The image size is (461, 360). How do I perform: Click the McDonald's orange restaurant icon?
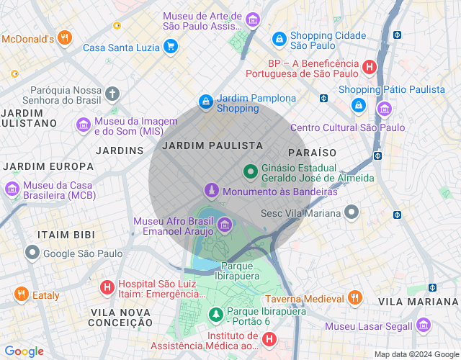point(65,37)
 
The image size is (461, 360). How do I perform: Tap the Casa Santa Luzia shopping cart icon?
point(170,48)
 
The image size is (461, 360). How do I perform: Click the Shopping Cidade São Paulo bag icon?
point(279,37)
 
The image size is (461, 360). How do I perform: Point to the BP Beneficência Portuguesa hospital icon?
point(370,68)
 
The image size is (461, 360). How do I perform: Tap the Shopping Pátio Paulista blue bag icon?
point(358,105)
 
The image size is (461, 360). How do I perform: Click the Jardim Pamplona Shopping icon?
point(206,102)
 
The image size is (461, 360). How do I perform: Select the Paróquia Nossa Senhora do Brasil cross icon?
point(112,94)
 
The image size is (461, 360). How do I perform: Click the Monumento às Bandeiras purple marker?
point(211,191)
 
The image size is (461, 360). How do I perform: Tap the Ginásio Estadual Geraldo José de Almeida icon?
point(250,171)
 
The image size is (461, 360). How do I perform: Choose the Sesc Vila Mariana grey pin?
point(352,212)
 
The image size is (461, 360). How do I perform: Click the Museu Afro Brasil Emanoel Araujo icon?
point(225,225)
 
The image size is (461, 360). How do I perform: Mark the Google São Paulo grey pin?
point(32,253)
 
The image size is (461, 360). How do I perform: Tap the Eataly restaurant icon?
point(21,294)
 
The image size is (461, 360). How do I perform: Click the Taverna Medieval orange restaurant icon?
point(354,297)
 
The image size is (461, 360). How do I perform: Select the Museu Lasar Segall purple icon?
point(423,325)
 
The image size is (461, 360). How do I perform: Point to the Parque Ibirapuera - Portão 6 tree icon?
point(215,315)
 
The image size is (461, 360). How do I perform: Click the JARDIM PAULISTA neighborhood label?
point(212,145)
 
